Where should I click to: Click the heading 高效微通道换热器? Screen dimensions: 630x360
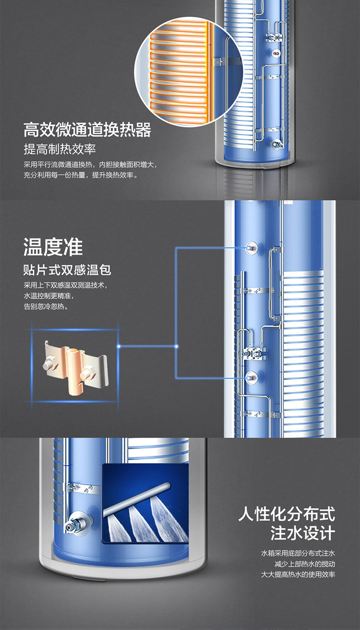pyautogui.click(x=87, y=130)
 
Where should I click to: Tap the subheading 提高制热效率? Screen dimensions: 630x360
pyautogui.click(x=60, y=149)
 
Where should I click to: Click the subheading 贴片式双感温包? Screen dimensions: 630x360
pyautogui.click(x=67, y=270)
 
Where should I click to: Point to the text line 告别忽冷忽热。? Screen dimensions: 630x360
pyautogui.click(x=46, y=307)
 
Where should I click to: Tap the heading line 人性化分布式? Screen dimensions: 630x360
pyautogui.click(x=287, y=514)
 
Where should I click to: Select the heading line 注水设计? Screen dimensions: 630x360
pyautogui.click(x=303, y=533)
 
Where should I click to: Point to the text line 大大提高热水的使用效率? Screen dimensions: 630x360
pyautogui.click(x=298, y=574)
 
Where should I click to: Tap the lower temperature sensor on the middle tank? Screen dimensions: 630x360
pyautogui.click(x=251, y=377)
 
